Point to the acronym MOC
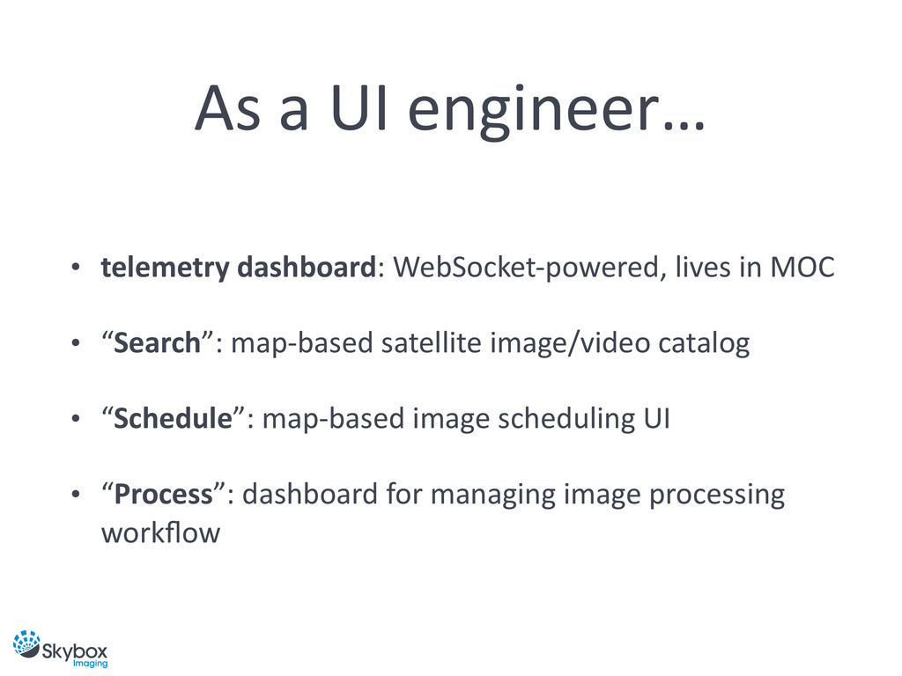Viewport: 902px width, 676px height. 801,267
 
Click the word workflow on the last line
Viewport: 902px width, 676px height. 160,533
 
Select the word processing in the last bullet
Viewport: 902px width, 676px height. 715,496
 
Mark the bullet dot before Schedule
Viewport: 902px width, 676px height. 77,419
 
